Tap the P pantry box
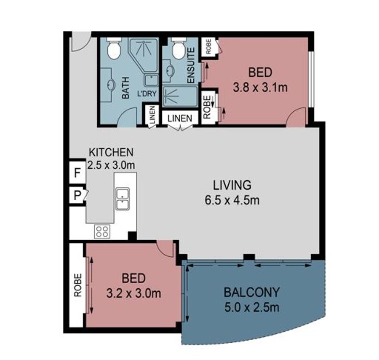[77, 195]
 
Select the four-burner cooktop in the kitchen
[102, 231]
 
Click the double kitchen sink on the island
[123, 199]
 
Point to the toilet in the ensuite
[179, 49]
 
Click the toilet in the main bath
[114, 48]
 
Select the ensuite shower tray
[180, 96]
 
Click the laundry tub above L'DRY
[152, 80]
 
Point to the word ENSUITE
[191, 65]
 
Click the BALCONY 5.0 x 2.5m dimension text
[252, 308]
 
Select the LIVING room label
[232, 185]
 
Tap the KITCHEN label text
[111, 153]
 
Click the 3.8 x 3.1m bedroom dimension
[260, 87]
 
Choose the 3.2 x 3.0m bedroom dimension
[133, 293]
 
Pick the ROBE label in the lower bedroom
[78, 285]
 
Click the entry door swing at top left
[80, 44]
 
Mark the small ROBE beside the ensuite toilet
[209, 47]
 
